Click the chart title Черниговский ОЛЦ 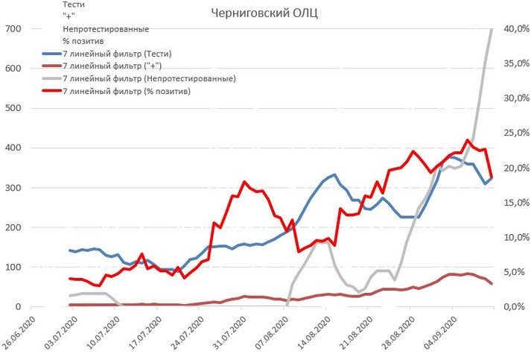coord(265,13)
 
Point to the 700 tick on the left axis coord(13,29)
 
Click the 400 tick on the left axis coord(13,148)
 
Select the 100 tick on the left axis coord(13,267)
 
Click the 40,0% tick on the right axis coord(514,29)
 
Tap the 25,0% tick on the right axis coord(514,133)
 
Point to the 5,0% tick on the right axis coord(514,272)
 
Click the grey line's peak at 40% coord(492,29)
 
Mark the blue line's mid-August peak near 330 coord(334,174)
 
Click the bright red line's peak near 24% coord(468,139)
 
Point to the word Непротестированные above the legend coord(106,29)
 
